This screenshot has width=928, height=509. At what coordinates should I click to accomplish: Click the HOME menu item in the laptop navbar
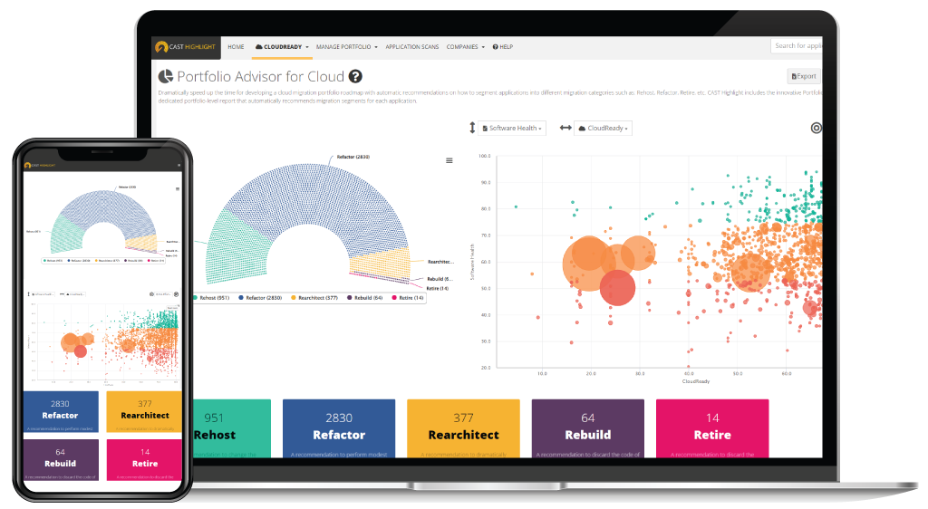(x=236, y=46)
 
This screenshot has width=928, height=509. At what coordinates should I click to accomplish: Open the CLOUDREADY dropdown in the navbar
(x=282, y=46)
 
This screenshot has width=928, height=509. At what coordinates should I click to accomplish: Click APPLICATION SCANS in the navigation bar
(x=412, y=46)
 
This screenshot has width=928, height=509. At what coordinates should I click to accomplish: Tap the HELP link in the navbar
(x=503, y=46)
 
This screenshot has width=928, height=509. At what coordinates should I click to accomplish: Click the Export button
(x=804, y=77)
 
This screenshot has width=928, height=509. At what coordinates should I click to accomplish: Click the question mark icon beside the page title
(x=355, y=77)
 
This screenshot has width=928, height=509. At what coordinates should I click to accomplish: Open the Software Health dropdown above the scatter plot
(x=512, y=129)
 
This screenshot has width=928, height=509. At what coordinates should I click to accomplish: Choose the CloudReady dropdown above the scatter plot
(x=604, y=129)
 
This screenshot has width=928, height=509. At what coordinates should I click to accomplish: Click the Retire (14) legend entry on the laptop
(x=409, y=297)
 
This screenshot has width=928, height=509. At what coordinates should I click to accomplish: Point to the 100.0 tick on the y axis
(x=484, y=156)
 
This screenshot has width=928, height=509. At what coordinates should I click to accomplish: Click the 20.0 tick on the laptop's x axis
(x=591, y=372)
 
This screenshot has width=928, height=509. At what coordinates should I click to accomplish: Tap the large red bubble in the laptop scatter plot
(x=617, y=286)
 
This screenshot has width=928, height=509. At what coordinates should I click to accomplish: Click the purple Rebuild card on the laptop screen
(x=587, y=428)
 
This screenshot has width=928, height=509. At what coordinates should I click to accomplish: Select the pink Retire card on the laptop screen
(x=711, y=428)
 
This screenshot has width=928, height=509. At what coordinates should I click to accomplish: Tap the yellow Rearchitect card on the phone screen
(x=143, y=410)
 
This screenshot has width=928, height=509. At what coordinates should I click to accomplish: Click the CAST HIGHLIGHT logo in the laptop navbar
(x=186, y=46)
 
